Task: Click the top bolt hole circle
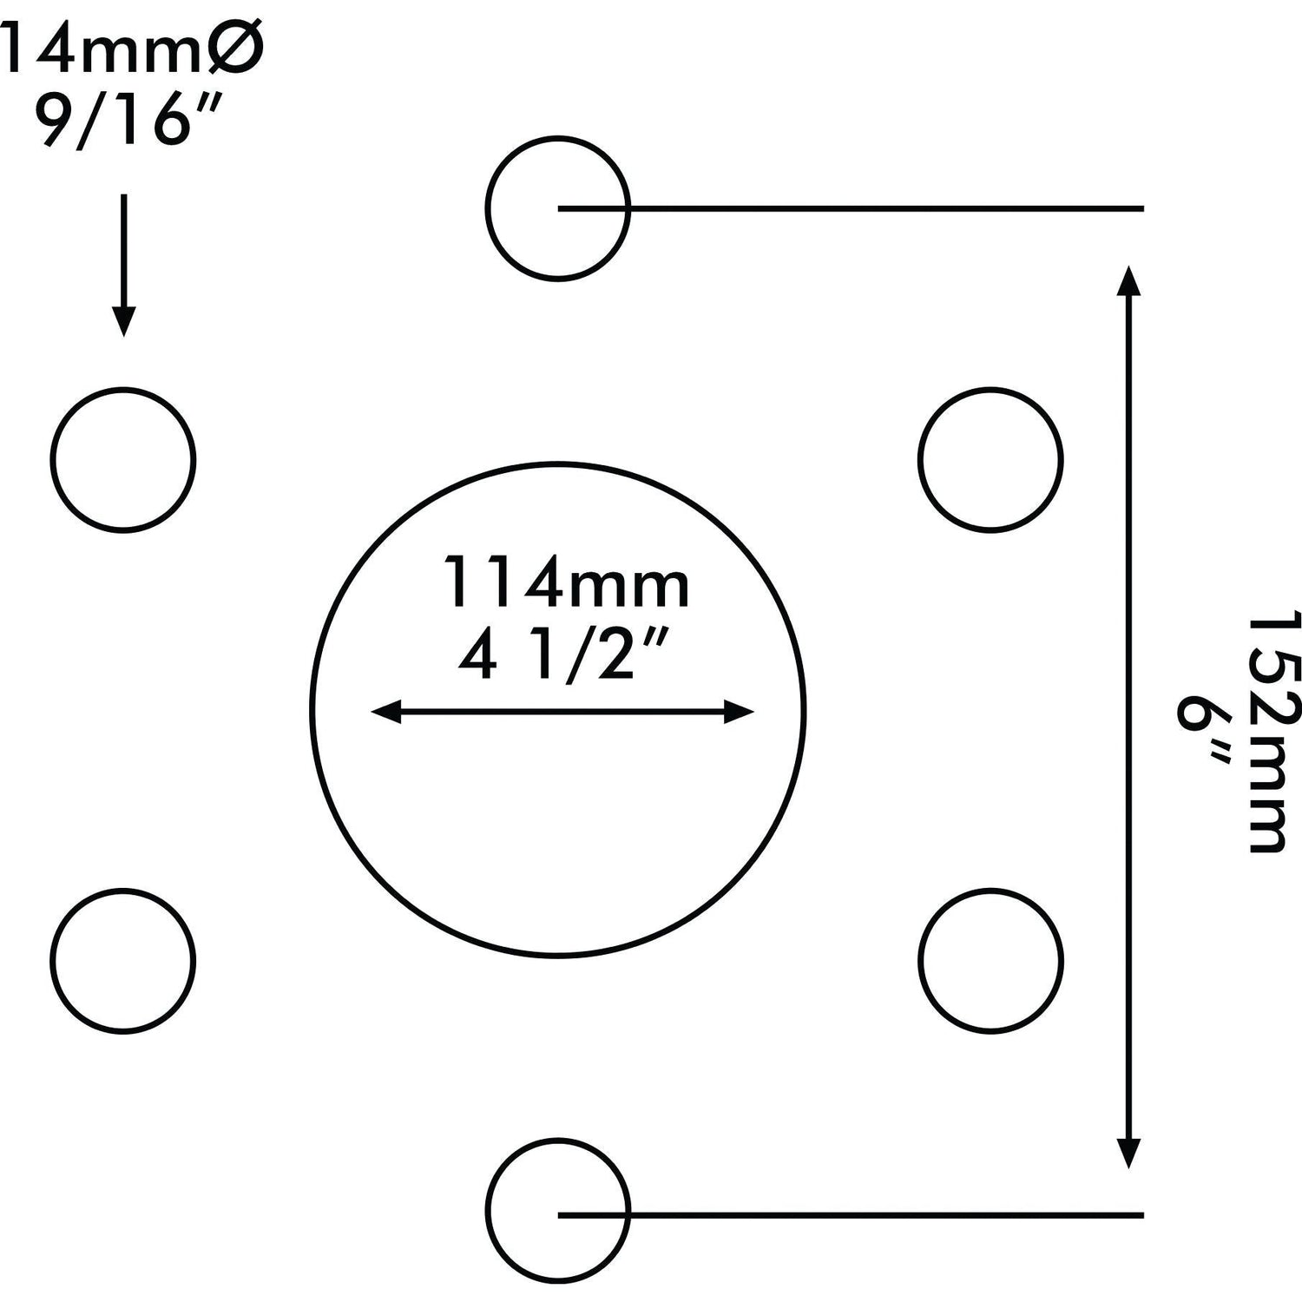[556, 208]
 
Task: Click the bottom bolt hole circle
[556, 1209]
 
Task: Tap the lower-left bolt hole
[122, 960]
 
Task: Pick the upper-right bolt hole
[990, 458]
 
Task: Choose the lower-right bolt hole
[990, 960]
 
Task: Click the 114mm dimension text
[566, 583]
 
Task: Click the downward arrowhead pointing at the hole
[123, 323]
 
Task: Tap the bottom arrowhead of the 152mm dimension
[1128, 1154]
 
